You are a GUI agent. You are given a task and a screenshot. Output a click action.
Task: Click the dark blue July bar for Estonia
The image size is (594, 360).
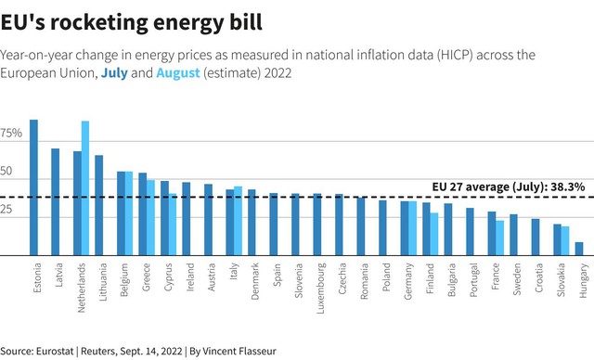pos(33,187)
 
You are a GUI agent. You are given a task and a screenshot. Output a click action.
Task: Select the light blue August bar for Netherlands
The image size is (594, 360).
pos(85,188)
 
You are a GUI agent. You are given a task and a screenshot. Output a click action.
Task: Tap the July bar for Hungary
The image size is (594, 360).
pos(579,249)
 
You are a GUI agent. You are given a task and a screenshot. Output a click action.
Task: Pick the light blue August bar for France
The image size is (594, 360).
pos(499,238)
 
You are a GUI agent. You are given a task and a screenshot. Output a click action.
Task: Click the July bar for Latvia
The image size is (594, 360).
pos(56,201)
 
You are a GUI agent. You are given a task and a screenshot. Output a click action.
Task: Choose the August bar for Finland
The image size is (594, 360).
pos(434,234)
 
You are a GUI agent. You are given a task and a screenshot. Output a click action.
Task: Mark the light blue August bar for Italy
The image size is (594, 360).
pos(238,221)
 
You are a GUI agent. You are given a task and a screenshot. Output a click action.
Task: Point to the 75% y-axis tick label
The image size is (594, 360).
pos(11,133)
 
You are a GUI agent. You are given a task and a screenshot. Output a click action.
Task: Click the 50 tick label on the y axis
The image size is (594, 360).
pos(6,171)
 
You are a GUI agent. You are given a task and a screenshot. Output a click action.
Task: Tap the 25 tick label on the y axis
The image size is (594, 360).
pos(6,209)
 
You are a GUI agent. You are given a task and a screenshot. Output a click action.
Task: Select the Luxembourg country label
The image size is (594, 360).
pos(321,289)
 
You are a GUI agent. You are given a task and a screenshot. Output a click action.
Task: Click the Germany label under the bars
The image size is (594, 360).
pos(408,281)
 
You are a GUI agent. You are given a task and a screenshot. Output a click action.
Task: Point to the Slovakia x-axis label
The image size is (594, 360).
pos(561,280)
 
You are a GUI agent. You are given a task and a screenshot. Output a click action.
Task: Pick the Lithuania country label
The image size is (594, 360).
pos(103,282)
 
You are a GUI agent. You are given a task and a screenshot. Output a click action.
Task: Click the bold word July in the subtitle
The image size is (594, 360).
pos(114,72)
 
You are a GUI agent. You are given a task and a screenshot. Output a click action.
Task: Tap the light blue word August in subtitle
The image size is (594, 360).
pos(178,72)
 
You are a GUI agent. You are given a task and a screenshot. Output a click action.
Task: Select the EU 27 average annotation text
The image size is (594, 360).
pos(509,187)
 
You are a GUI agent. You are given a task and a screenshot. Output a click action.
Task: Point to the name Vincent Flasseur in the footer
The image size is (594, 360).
pos(239,351)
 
